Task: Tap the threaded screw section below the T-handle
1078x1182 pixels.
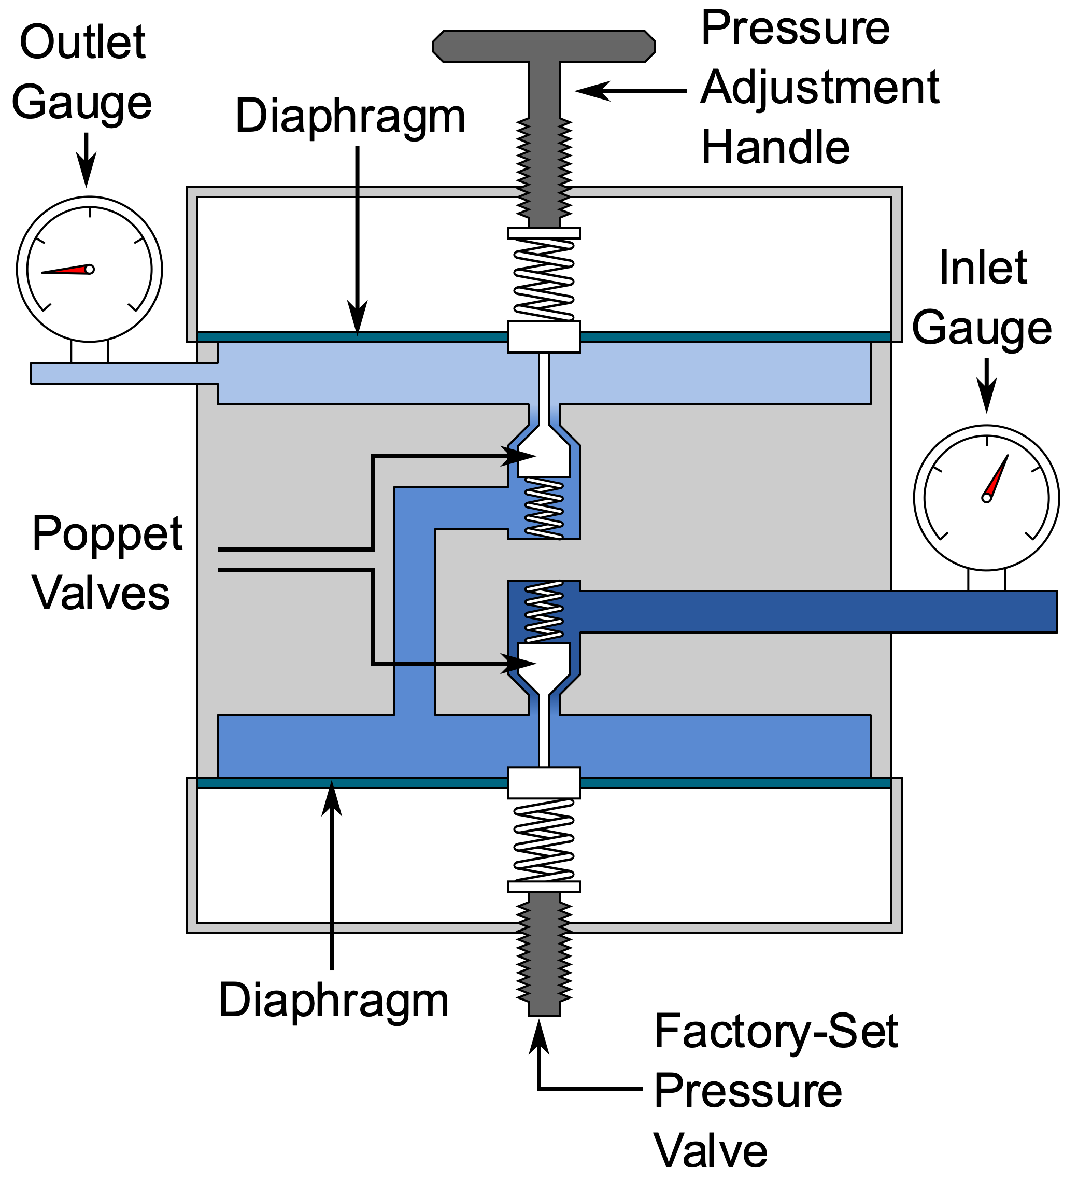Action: coord(544,170)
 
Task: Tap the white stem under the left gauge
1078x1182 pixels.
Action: coord(89,352)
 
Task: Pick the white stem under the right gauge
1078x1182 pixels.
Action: coord(987,580)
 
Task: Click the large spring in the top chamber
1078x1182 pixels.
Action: coord(544,279)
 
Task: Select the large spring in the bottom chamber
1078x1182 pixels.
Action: coord(544,841)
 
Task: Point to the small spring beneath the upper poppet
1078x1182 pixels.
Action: coord(544,508)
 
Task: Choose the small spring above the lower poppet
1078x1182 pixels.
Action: coord(544,612)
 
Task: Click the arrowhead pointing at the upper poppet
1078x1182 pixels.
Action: coord(518,456)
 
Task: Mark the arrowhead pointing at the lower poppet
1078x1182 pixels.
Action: coord(518,664)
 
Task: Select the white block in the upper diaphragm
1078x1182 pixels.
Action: coord(544,337)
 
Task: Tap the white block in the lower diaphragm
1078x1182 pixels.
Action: coord(544,783)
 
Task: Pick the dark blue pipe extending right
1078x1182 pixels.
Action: coord(820,612)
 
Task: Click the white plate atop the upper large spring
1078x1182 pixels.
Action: coord(544,233)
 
